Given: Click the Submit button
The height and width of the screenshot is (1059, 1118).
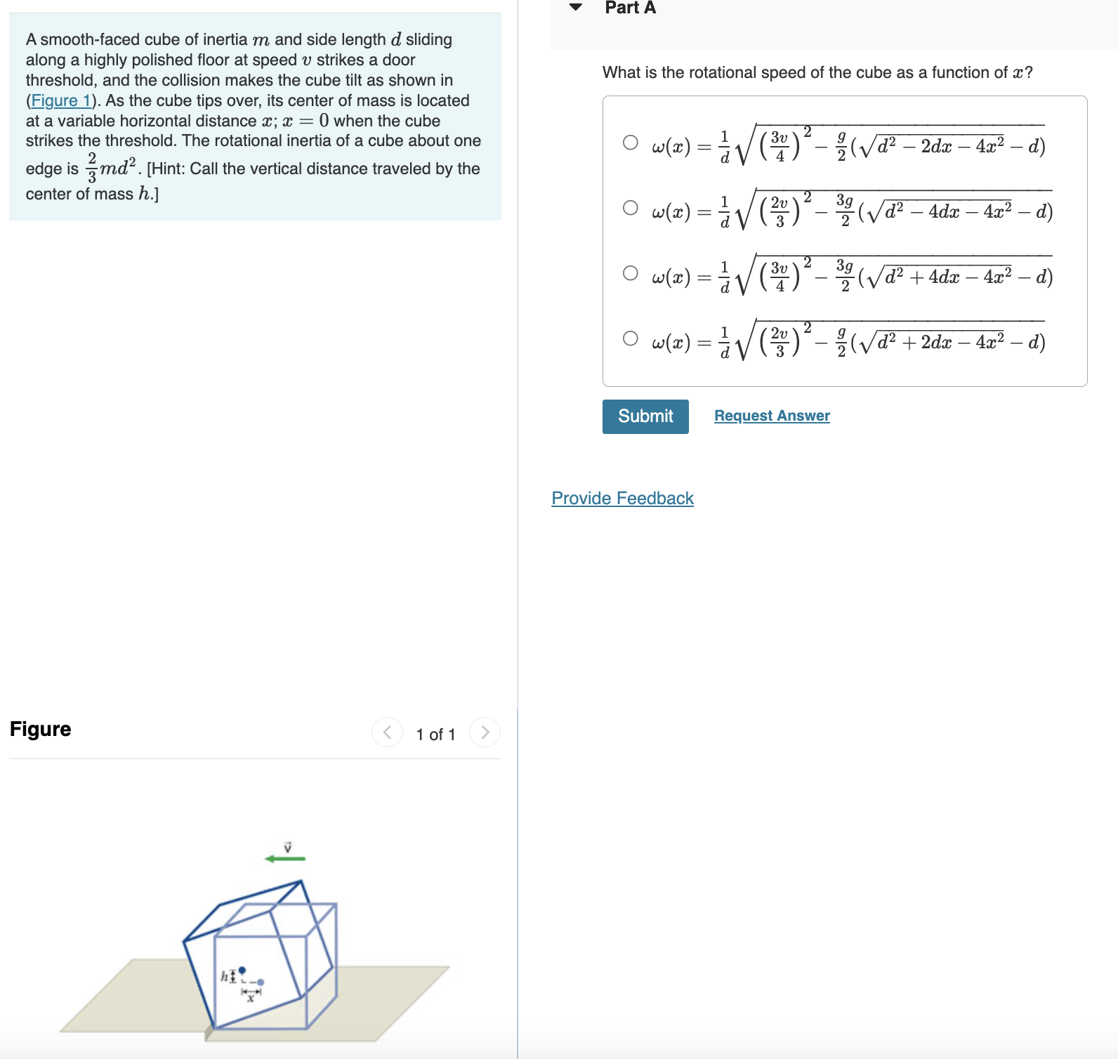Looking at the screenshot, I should [645, 416].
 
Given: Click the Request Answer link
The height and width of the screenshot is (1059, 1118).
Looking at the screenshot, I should [772, 416].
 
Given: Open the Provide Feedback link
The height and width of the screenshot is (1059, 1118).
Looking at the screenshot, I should [622, 499].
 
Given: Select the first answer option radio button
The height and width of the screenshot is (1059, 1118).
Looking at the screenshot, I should [631, 143].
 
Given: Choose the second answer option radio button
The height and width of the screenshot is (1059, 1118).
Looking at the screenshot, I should [631, 208].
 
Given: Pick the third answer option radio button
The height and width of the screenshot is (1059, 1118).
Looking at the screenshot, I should [631, 273].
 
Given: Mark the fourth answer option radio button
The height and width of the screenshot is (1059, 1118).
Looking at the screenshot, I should [631, 338].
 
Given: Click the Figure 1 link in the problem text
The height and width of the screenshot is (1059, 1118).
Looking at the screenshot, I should [60, 100].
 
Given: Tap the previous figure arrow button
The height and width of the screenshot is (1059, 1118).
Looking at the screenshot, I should [387, 732].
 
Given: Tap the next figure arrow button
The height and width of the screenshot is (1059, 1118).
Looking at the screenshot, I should [485, 732].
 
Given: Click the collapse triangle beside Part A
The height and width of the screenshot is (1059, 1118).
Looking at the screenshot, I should [576, 8].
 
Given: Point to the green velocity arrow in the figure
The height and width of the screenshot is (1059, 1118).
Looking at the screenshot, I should [285, 858].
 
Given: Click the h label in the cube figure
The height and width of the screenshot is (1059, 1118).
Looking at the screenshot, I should [224, 975].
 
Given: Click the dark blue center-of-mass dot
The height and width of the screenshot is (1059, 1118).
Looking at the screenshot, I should [242, 970].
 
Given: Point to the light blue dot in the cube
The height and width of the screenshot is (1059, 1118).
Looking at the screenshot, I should [261, 982].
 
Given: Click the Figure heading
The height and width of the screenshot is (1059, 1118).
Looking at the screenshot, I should [41, 729].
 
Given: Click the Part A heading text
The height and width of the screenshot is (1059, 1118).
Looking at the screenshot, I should [630, 8].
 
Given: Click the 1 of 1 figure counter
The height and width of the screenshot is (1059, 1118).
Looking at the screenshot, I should [435, 735].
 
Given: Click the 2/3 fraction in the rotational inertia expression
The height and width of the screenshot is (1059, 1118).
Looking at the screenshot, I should [92, 168].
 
